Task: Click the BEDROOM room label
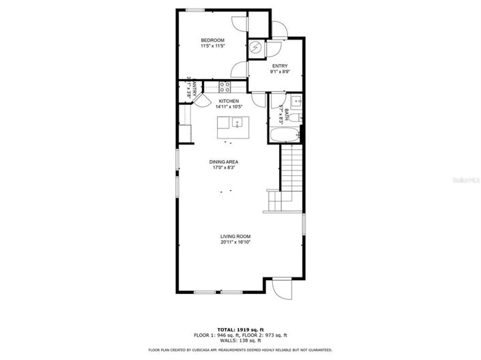212,41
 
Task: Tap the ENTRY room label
279,65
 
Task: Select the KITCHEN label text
229,101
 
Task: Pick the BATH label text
287,112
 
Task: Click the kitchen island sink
235,123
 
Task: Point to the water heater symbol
255,48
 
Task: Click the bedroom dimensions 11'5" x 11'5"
212,46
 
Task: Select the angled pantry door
201,100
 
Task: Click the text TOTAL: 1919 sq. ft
240,329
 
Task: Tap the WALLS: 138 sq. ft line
240,340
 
